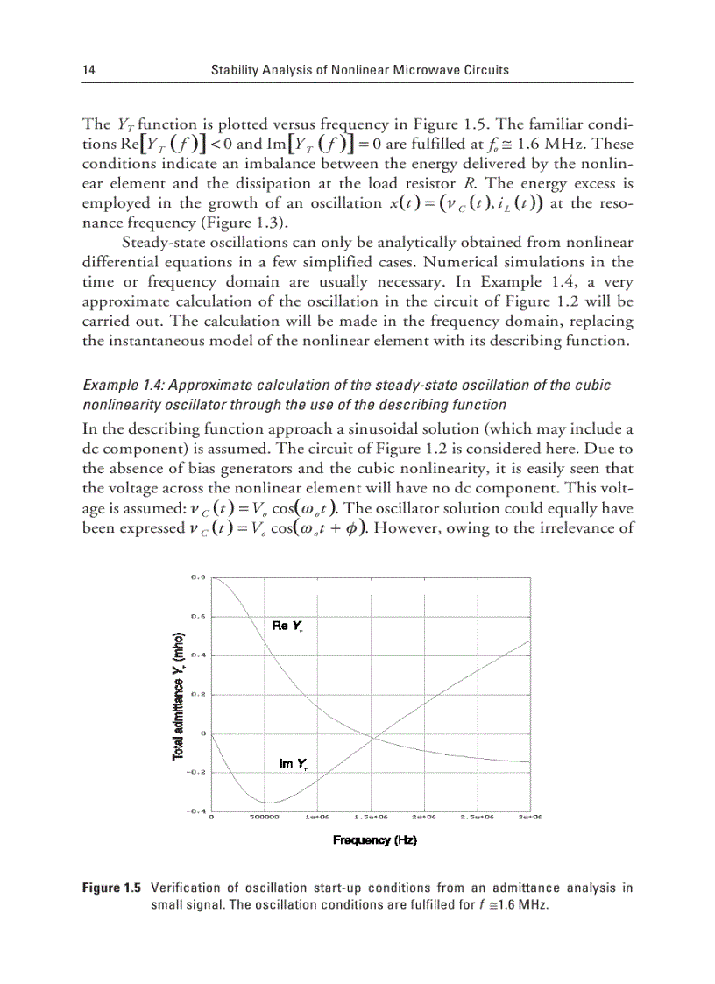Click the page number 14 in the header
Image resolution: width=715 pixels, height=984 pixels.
[88, 69]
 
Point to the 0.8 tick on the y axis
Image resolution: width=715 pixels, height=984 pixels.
[198, 577]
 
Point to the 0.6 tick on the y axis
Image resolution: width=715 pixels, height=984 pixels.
[198, 616]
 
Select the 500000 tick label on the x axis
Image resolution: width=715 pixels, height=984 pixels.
[264, 817]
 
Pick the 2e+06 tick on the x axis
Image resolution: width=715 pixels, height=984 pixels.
[424, 817]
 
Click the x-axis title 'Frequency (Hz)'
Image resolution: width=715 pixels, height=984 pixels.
[374, 840]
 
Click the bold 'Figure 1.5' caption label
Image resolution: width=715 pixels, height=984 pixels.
[110, 888]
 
